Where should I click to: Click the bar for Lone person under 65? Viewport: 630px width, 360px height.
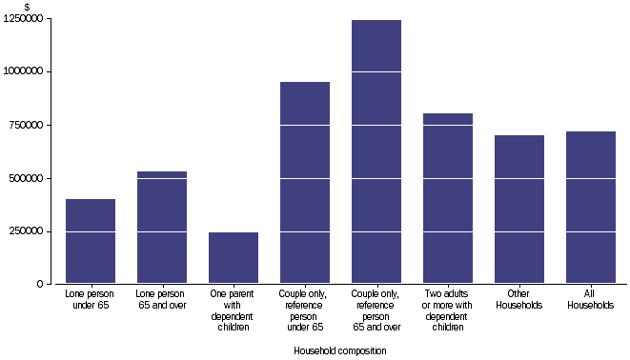(91, 241)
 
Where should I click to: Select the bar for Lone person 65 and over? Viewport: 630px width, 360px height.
(162, 228)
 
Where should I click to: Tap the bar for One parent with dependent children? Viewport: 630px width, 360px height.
(234, 258)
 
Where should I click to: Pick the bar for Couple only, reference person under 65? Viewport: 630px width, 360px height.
(305, 183)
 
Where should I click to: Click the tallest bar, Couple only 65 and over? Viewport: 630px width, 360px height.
(376, 151)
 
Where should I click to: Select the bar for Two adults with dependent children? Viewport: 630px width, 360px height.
(448, 198)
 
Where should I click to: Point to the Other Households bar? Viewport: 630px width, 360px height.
(519, 210)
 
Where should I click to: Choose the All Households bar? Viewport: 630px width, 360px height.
(591, 208)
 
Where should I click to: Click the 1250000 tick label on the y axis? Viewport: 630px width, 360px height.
(28, 19)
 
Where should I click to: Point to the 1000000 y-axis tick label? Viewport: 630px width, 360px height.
(28, 71)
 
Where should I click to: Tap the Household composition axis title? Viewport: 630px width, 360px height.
(341, 350)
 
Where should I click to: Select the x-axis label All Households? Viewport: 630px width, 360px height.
(591, 300)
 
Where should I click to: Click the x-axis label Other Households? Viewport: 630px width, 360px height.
(519, 300)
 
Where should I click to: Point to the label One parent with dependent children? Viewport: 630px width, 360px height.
(234, 310)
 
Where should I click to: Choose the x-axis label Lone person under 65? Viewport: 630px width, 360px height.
(91, 300)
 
